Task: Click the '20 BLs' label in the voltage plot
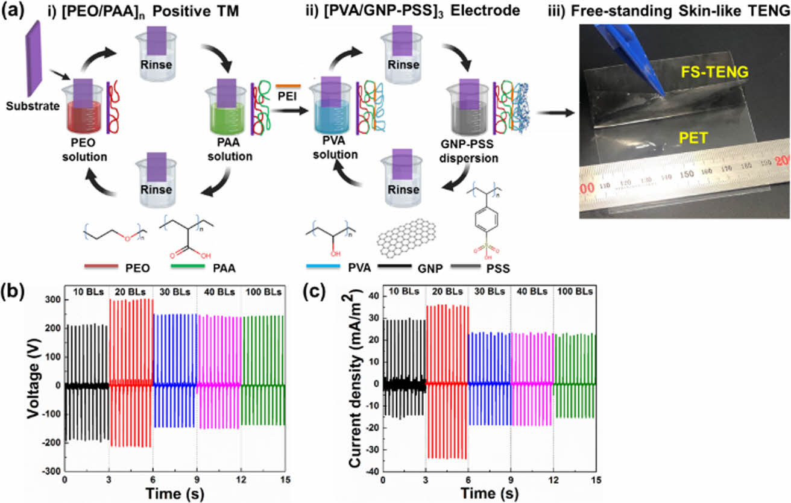(x=131, y=292)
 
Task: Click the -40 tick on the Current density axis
(x=371, y=471)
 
